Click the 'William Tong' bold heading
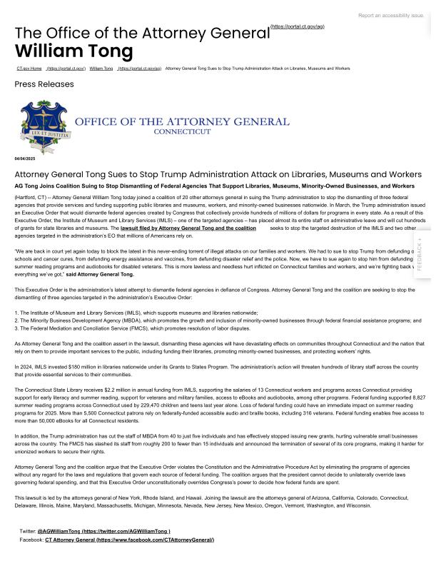(x=73, y=51)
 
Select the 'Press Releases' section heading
(x=44, y=84)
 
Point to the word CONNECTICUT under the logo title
(x=182, y=132)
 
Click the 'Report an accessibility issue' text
(x=391, y=15)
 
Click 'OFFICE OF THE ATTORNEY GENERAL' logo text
(x=182, y=122)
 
